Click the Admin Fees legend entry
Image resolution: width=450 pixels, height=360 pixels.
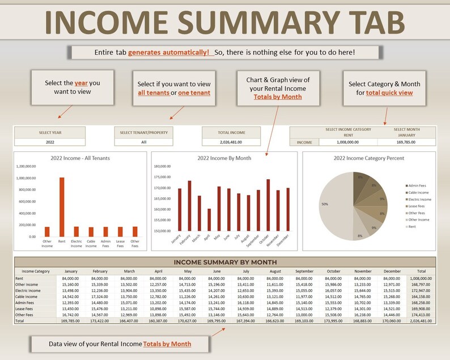pyautogui.click(x=418, y=185)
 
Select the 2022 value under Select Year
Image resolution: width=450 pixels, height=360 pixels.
pyautogui.click(x=50, y=142)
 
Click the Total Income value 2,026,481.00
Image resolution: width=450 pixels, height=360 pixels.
pyautogui.click(x=225, y=142)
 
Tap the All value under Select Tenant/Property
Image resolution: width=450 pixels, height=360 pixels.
pyautogui.click(x=144, y=142)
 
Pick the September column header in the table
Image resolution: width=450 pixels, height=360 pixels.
pyautogui.click(x=304, y=271)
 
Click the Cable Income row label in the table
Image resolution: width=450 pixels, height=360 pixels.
pyautogui.click(x=27, y=297)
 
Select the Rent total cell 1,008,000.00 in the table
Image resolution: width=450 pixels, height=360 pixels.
pyautogui.click(x=421, y=278)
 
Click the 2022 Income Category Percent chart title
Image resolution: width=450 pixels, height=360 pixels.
pyautogui.click(x=369, y=158)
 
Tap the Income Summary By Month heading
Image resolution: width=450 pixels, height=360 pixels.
pyautogui.click(x=225, y=262)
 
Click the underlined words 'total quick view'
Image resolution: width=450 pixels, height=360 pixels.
pyautogui.click(x=389, y=92)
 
